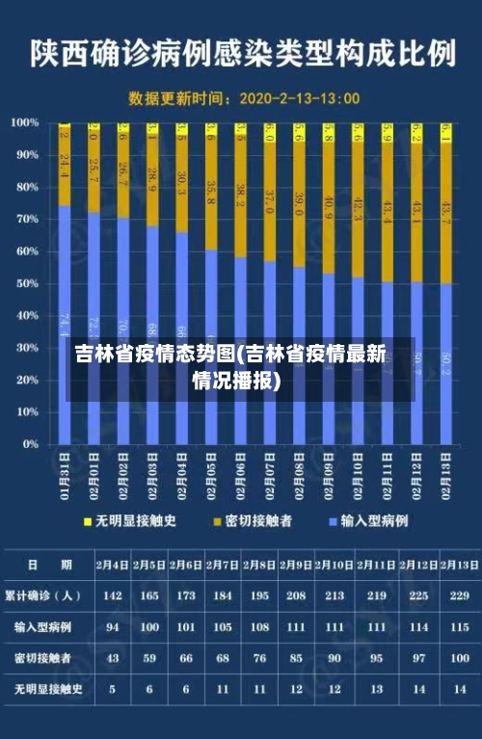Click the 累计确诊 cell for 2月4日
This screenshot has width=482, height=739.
pos(113,595)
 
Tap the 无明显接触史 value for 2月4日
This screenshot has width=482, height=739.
pos(113,689)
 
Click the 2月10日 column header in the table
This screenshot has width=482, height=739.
pos(335,564)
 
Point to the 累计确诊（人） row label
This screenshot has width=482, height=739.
pos(44,595)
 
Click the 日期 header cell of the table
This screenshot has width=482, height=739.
pos(44,564)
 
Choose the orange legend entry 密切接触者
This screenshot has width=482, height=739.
pos(253,520)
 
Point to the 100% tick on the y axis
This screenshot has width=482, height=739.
pos(25,122)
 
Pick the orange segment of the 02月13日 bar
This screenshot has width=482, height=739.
pos(446,212)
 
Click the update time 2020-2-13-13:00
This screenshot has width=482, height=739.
pos(299,97)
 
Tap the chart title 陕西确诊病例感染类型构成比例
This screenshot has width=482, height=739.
pos(241,53)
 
